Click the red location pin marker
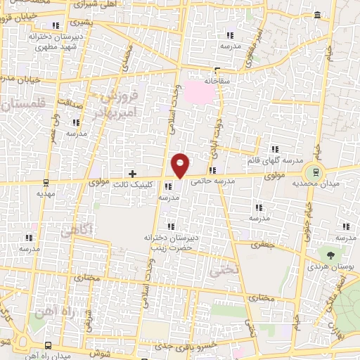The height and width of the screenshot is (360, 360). pos(181,165)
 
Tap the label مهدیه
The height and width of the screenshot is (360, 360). pos(46,193)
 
